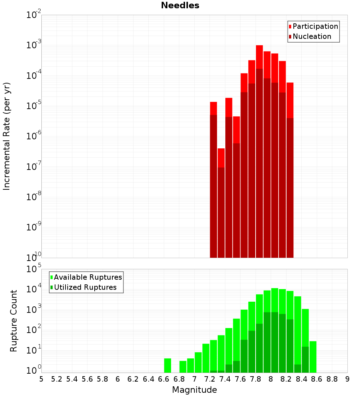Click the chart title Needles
[180, 5]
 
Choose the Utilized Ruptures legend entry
[85, 287]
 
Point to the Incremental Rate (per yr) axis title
[7, 136]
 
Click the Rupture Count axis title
[14, 321]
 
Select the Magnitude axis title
[194, 390]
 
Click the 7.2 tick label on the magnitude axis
[210, 379]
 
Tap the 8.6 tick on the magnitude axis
[317, 379]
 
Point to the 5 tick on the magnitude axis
[41, 379]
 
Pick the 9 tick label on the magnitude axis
[347, 379]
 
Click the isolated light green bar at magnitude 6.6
[167, 365]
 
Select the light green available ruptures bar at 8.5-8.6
[313, 357]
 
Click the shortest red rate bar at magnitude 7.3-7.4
[221, 158]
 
